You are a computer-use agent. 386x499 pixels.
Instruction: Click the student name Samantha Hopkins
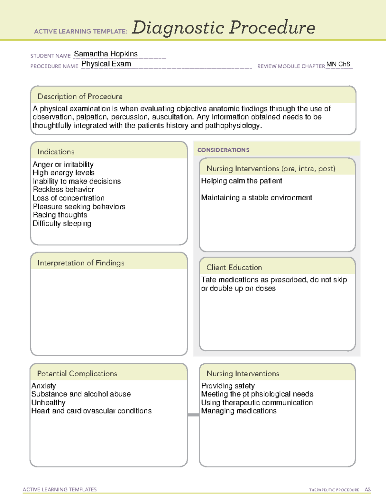pos(106,54)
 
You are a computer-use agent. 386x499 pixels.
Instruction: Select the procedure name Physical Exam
pos(106,64)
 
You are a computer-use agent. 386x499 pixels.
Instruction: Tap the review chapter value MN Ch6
pos(338,64)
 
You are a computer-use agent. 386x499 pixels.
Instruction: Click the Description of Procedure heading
pos(80,96)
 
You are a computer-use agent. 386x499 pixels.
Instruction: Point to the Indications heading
pos(56,152)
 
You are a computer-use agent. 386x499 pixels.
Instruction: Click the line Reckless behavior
pos(63,190)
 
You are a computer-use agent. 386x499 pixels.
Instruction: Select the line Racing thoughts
pos(60,215)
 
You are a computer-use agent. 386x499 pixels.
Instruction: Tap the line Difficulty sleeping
pos(62,224)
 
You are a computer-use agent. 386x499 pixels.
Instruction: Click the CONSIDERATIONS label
pos(223,150)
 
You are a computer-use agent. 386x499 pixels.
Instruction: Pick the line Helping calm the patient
pos(242,181)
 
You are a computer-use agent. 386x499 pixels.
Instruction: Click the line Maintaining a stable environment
pos(256,198)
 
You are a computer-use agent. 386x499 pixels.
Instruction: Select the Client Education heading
pos(234,267)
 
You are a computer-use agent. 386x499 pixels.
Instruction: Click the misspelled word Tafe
pos(208,280)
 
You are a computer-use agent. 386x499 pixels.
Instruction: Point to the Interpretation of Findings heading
pos(81,263)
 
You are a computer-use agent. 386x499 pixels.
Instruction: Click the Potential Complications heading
pos(77,373)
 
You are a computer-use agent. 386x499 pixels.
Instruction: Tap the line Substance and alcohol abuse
pos(81,394)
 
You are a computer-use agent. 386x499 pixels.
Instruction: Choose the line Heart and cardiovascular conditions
pos(91,411)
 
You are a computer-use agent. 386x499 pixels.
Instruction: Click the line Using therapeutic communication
pos(257,403)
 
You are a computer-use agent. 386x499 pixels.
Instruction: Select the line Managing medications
pos(239,411)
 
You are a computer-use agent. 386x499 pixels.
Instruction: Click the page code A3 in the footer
pos(367,490)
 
